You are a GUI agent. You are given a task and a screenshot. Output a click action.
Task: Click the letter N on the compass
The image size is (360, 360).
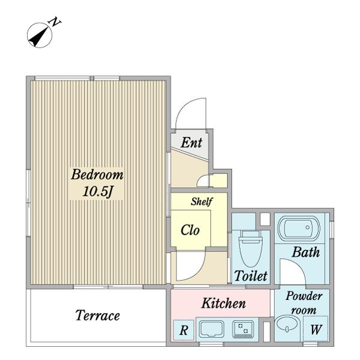[55, 22]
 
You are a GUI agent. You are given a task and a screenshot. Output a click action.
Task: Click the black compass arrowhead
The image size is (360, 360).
[36, 39]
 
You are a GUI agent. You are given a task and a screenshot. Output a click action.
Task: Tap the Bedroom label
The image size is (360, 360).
[97, 175]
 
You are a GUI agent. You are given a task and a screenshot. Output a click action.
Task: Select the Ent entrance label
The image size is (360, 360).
[191, 143]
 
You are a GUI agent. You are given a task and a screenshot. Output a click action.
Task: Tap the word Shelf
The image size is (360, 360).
[202, 202]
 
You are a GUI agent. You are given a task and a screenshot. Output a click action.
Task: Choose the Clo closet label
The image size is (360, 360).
[190, 230]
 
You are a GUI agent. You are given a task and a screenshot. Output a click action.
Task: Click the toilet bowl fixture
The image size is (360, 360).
[250, 248]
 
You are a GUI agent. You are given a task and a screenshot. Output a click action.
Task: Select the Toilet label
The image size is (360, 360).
[251, 276]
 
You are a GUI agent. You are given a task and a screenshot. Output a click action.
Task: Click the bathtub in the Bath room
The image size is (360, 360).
[299, 227]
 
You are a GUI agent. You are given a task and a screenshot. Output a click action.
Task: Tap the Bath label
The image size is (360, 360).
[306, 252]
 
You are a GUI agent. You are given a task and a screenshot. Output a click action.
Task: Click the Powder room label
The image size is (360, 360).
[304, 303]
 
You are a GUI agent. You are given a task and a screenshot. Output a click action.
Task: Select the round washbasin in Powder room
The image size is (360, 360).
[287, 324]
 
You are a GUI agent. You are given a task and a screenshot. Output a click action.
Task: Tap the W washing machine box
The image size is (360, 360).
[316, 329]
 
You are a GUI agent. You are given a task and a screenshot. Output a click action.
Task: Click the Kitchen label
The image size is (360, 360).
[223, 303]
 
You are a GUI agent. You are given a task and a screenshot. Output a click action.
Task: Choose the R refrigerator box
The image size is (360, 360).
[184, 330]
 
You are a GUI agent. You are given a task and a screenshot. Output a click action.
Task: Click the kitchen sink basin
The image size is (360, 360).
[211, 329]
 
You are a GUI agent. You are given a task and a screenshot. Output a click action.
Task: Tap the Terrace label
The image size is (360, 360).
[98, 315]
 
